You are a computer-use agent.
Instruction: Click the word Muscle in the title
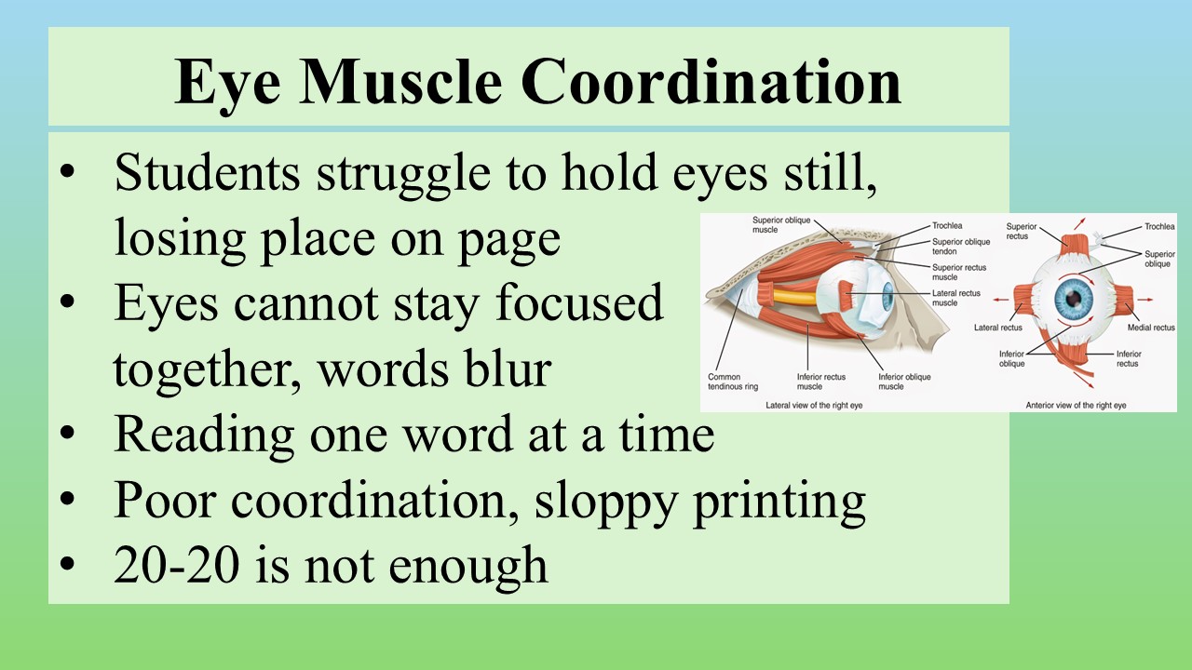(x=401, y=83)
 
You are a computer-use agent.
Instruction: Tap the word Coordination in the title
(x=711, y=83)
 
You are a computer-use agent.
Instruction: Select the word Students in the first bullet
(x=208, y=172)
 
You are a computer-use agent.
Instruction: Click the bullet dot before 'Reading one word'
(x=67, y=433)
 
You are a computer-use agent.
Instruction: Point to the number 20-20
(x=176, y=565)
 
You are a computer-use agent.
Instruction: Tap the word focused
(x=579, y=302)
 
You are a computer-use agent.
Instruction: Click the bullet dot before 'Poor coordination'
(x=67, y=499)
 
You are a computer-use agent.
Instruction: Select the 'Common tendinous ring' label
(x=733, y=382)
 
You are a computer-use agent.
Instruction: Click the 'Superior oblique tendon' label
(x=961, y=247)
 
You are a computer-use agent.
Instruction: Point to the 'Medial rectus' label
(x=1151, y=328)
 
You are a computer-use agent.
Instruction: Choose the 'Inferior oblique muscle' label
(x=904, y=382)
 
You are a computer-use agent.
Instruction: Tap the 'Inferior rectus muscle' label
(x=821, y=382)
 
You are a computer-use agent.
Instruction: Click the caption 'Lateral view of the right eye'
(x=814, y=405)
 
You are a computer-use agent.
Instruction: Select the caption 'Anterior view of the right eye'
(x=1076, y=405)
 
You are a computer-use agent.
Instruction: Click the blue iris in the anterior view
(x=1074, y=299)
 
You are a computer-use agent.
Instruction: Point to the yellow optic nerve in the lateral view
(x=794, y=296)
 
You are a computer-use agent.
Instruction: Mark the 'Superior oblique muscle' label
(x=781, y=224)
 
